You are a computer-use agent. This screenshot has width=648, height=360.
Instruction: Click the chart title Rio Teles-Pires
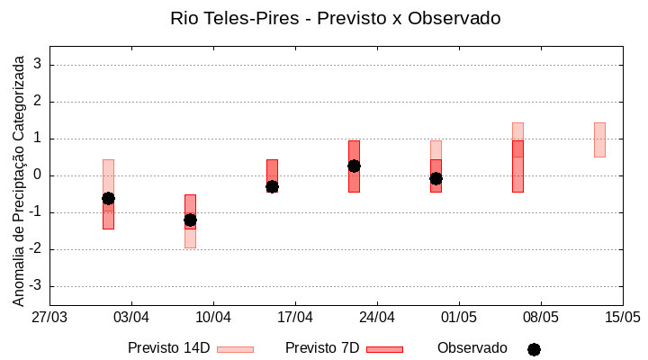tap(335, 18)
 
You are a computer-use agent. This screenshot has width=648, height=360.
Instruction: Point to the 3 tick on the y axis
tap(38, 65)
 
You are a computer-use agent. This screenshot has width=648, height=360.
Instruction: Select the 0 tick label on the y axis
tap(38, 175)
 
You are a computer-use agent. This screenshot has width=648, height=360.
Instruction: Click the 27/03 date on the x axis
tap(49, 317)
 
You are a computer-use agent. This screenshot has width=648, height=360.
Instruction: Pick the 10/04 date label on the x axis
tap(213, 317)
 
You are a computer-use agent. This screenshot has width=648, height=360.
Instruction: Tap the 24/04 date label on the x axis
tap(377, 317)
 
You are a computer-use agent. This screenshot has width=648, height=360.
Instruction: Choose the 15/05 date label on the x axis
tap(622, 317)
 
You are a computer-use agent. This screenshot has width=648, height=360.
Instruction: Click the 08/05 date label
tap(540, 317)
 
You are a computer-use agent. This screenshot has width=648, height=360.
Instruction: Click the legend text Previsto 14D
tap(168, 348)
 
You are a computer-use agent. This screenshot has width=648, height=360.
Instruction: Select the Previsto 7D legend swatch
tap(384, 349)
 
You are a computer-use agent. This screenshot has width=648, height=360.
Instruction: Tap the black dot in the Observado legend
tap(534, 349)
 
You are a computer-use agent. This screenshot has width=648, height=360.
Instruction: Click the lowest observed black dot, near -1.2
tap(190, 220)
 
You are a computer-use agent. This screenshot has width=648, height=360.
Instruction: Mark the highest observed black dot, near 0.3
tap(354, 166)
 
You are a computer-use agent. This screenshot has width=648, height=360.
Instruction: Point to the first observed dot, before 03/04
tap(108, 198)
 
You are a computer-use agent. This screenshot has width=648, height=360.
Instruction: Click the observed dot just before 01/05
tap(436, 178)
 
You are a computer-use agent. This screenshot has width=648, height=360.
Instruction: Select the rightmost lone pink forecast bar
tap(599, 139)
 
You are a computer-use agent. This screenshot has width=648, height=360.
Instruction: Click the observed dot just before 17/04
tap(272, 186)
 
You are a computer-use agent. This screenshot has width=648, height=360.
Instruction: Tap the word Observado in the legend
tap(472, 348)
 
